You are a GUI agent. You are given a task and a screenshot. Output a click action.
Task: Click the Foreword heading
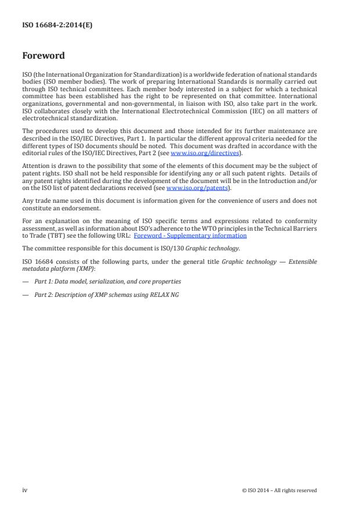click(x=43, y=56)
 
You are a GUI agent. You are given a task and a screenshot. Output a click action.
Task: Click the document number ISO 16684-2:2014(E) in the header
click(x=49, y=25)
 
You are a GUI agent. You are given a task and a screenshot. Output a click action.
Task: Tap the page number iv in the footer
click(x=25, y=490)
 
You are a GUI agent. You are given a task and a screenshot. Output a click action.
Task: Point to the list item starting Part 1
click(x=107, y=281)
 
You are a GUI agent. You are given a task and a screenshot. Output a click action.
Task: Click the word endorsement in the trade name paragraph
click(x=84, y=208)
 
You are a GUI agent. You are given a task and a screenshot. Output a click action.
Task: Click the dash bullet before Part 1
click(x=26, y=281)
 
